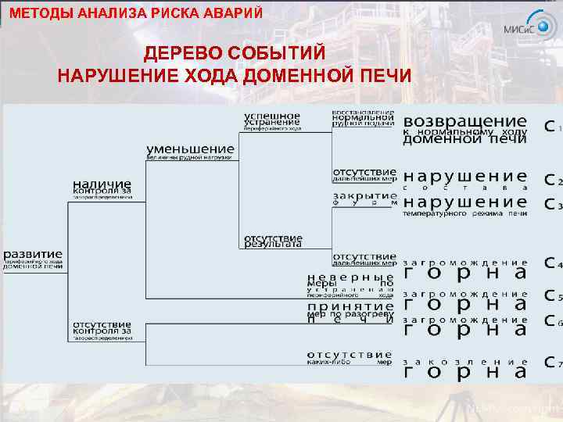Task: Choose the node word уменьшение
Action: coord(190,148)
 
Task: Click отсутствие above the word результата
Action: coord(272,237)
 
